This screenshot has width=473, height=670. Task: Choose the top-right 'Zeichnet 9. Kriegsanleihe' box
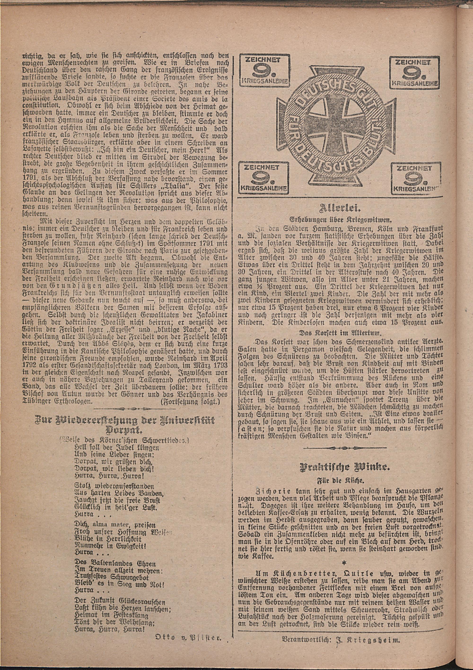point(414,73)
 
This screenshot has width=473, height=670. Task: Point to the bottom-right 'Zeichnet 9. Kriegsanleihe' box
point(416,179)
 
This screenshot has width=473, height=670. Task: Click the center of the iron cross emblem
point(340,124)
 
